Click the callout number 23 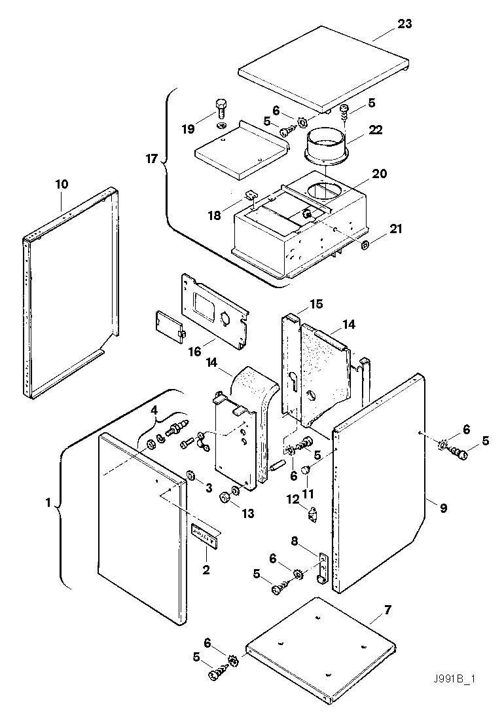click(405, 24)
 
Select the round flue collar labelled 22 click(326, 148)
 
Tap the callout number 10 click(62, 185)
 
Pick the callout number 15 click(316, 305)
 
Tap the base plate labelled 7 click(321, 648)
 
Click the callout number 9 click(443, 507)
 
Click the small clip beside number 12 click(312, 514)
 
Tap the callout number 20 click(380, 174)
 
